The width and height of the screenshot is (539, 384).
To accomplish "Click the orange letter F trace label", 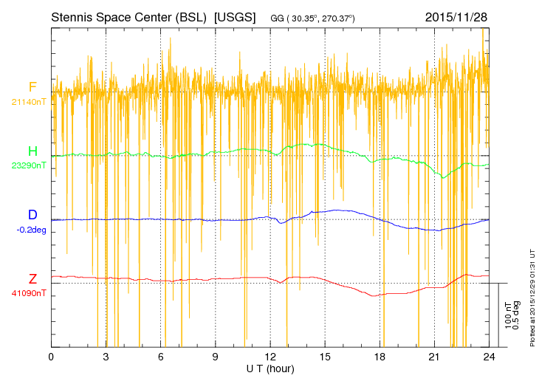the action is (x=32, y=87).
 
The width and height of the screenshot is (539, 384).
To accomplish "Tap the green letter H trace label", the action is (x=32, y=151).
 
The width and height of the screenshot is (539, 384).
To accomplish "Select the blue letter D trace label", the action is (x=32, y=215).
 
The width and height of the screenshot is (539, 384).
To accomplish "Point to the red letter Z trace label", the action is (x=32, y=279).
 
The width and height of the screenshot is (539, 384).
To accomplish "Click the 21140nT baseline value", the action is (x=29, y=102).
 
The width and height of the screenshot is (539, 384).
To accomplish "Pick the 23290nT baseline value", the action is (x=29, y=165).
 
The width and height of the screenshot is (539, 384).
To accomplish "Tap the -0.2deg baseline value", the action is (x=31, y=230).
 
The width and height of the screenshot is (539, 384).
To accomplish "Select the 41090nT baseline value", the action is (x=29, y=294).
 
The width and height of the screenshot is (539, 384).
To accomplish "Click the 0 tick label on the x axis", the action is (x=51, y=357).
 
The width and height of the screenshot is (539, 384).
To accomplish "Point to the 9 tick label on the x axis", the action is (x=215, y=357).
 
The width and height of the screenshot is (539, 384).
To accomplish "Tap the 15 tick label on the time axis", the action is (x=325, y=357).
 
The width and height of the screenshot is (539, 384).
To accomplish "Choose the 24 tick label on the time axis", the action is (x=489, y=357).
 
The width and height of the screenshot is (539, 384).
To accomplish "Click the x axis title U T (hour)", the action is (x=270, y=369).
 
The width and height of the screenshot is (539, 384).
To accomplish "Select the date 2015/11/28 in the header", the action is (x=456, y=17).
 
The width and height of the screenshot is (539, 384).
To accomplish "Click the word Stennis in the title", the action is (x=72, y=17).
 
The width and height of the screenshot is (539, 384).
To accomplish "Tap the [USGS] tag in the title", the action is (x=235, y=17).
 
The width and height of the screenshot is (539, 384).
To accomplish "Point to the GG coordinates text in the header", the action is (x=312, y=18).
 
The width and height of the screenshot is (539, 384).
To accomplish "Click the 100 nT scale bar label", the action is (x=508, y=315).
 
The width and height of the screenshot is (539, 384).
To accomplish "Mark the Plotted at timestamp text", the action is (x=532, y=298).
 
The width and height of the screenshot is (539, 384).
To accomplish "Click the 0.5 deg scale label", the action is (x=515, y=315).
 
